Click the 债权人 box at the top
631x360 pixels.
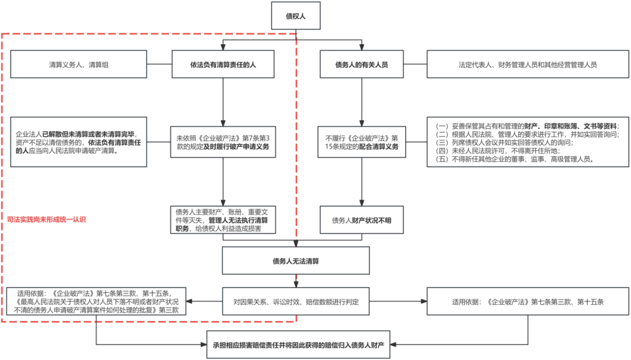(296, 16)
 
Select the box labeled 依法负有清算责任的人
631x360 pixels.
(223, 64)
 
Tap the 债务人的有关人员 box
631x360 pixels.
(362, 64)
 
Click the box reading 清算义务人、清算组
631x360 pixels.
(78, 64)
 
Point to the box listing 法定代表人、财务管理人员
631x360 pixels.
(528, 64)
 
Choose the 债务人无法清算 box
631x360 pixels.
(296, 260)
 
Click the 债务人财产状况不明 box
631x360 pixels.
(362, 220)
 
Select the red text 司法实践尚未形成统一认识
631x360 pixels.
(47, 218)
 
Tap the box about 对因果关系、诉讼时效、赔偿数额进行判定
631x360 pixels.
(296, 301)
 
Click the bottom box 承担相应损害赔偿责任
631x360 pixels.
(298, 344)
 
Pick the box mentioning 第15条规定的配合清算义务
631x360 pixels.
(362, 142)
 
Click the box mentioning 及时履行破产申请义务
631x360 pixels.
(223, 142)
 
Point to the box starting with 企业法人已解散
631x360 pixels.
(78, 142)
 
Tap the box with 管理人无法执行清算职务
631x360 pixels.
(223, 220)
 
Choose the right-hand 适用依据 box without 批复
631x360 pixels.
(528, 301)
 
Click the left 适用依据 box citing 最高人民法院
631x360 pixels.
(96, 301)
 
